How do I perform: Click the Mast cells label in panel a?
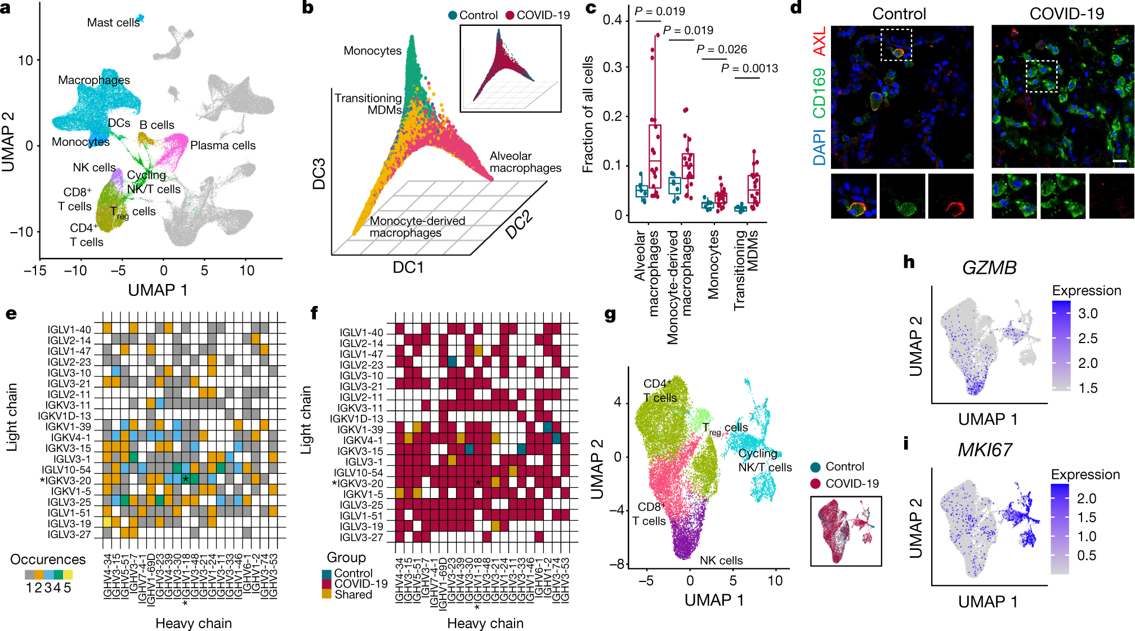pos(113,23)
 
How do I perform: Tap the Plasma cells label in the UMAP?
pos(222,145)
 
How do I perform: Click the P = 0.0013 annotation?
pos(749,68)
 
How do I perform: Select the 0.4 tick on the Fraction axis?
pos(612,20)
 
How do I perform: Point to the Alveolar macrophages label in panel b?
pos(525,162)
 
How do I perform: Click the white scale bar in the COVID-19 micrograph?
pos(1120,162)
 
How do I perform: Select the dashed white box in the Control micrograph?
pos(896,45)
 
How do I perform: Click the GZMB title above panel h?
pos(989,267)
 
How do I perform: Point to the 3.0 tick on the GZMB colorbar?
pos(1087,314)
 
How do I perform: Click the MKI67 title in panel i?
pos(985,450)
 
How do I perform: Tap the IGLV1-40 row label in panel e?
pos(69,330)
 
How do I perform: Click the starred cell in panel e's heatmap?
pos(185,479)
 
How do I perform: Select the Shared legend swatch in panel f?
pos(327,594)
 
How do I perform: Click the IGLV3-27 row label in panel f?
pos(361,537)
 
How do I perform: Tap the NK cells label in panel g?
pos(721,560)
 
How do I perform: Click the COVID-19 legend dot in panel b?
pos(510,15)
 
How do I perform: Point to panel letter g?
pos(610,314)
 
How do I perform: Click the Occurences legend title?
pos(48,559)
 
